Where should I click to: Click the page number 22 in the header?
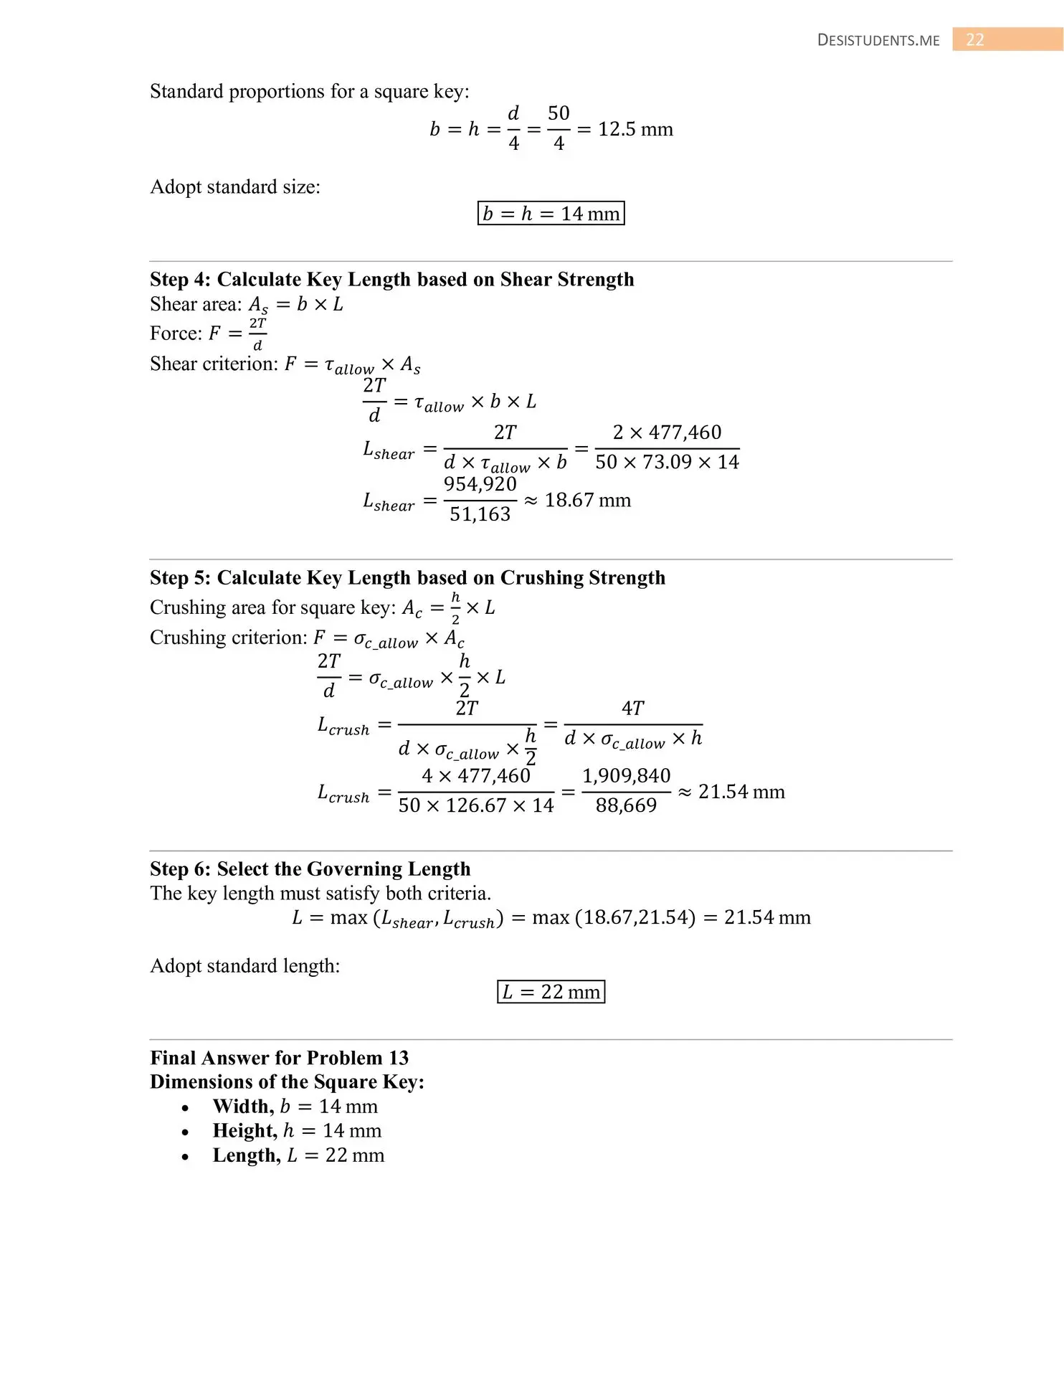coord(974,39)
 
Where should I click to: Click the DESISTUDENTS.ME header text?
coord(878,41)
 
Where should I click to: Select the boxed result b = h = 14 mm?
coord(551,214)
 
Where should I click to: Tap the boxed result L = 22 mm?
coord(551,992)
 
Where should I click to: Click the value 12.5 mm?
coord(635,130)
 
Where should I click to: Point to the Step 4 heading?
coord(391,280)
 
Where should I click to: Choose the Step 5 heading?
coord(407,578)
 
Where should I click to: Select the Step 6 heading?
coord(310,869)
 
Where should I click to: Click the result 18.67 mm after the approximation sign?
coord(587,501)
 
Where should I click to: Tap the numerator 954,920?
coord(480,485)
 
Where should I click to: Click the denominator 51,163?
coord(480,514)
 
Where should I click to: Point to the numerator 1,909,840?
coord(626,776)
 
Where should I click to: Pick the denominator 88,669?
coord(626,805)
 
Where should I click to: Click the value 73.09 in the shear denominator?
coord(667,462)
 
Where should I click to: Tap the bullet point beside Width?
coord(186,1108)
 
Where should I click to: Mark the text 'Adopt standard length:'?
coord(244,966)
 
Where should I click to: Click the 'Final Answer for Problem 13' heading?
coord(279,1058)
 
